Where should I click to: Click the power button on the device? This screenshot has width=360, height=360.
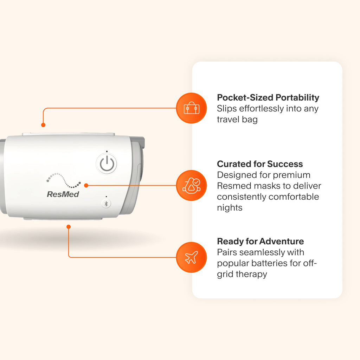point(107,164)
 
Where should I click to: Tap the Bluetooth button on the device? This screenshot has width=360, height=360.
point(106,204)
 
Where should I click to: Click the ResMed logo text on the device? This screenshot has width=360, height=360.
point(63,194)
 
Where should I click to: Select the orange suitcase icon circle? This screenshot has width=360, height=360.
point(192,108)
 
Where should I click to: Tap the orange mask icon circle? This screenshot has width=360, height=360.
point(192,186)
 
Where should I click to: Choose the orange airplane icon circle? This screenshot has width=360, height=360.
point(192,257)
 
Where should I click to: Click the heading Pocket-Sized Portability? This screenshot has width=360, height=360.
point(268,98)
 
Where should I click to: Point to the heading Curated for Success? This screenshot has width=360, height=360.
point(260,164)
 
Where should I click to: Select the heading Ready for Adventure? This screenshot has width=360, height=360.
point(261,241)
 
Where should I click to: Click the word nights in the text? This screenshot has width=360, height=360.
point(230,208)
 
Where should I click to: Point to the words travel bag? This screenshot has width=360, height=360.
point(237,120)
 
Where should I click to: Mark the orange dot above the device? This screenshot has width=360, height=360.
point(43,125)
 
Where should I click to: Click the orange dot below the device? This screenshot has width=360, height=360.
point(69,227)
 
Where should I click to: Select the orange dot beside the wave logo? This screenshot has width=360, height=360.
point(86,186)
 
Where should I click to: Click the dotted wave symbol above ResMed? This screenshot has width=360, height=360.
point(63,180)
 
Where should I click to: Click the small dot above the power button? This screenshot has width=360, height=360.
point(107,151)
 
